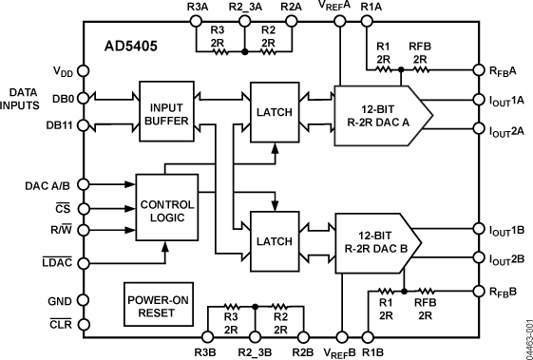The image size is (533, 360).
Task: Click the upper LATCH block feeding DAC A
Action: (x=274, y=111)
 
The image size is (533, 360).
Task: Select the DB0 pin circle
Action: (x=83, y=98)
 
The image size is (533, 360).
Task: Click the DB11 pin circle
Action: (x=83, y=124)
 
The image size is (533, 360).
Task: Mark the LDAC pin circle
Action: (x=83, y=263)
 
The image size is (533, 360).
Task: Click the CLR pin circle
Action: (x=83, y=324)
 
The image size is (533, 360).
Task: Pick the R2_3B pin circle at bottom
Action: (x=256, y=335)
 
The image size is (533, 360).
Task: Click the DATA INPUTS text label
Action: (x=29, y=98)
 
